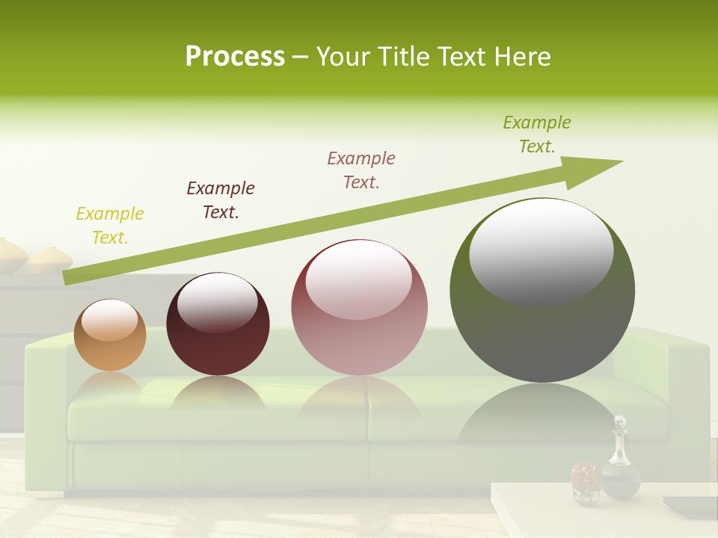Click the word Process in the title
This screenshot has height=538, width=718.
(235, 57)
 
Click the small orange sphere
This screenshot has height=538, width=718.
(110, 336)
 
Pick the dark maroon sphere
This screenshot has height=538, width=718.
(218, 325)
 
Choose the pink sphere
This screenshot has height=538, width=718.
(359, 308)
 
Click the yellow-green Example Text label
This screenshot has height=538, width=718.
(110, 226)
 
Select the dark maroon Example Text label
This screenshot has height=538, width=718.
(221, 200)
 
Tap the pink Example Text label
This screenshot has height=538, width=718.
(361, 170)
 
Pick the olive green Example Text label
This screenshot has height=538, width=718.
(537, 134)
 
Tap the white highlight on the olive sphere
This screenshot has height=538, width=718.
(541, 250)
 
